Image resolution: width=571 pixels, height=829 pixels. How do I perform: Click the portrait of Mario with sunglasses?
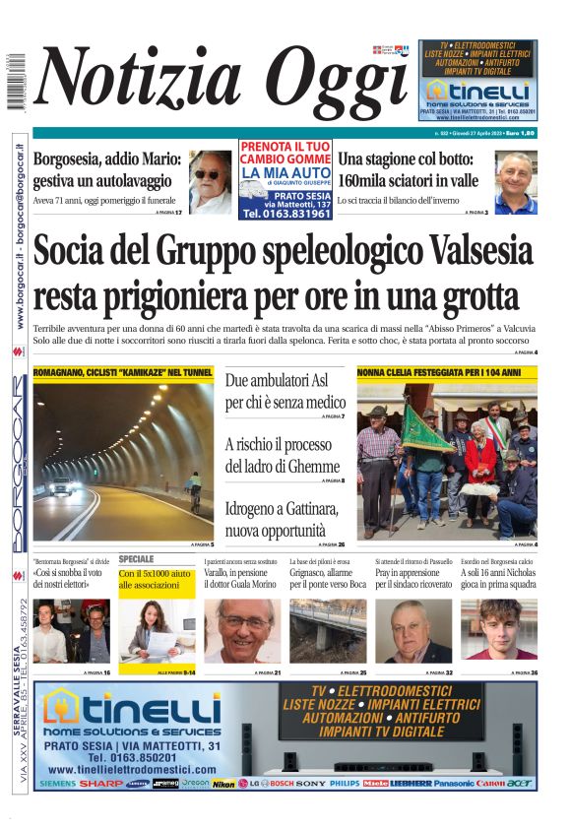(210, 182)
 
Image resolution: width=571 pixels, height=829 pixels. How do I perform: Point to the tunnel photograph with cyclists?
(123, 461)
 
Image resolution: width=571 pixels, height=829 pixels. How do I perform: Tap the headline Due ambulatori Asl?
(285, 391)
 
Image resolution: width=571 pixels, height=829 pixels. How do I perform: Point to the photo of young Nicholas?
(499, 630)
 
